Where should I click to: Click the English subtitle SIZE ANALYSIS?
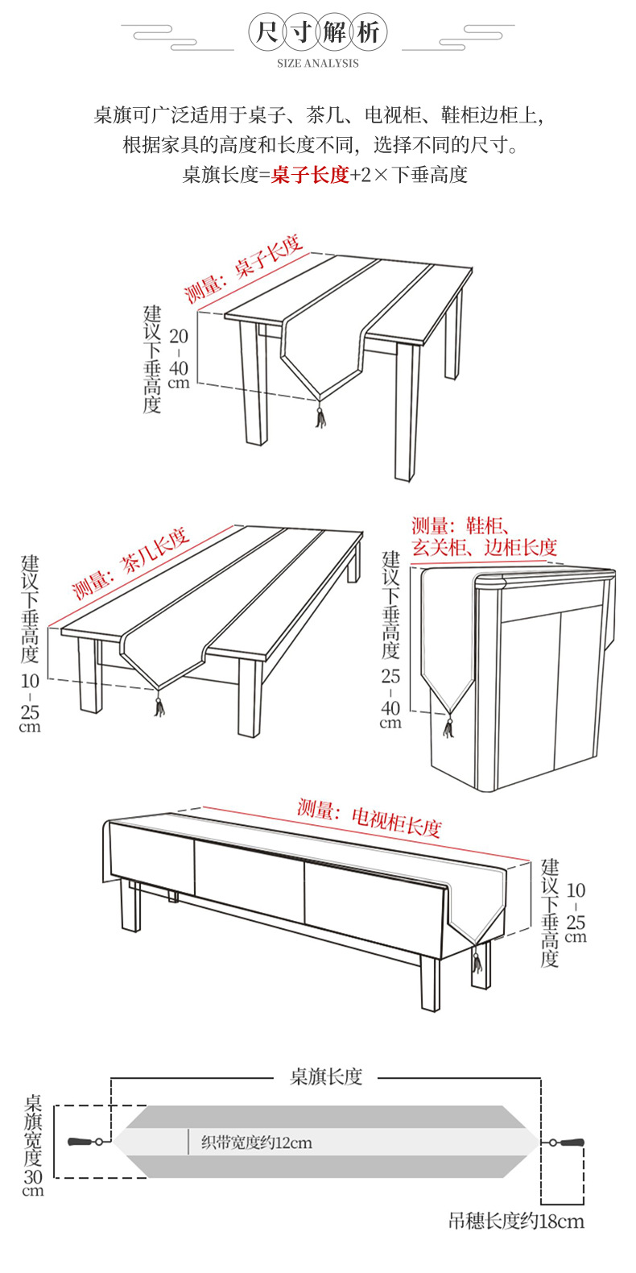coord(318,63)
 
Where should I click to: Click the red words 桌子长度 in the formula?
coord(310,175)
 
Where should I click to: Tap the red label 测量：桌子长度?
coord(242,268)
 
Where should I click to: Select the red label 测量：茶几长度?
coord(130,563)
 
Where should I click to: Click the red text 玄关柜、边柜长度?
coord(484,548)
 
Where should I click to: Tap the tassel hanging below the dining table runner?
coord(320,414)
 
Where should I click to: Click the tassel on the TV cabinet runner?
coord(477,960)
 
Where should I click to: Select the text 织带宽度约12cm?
coord(256,1142)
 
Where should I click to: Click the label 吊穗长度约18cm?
coord(516,1221)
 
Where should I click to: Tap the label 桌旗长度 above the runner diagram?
coord(326,1076)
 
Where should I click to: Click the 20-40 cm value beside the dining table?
coord(179,359)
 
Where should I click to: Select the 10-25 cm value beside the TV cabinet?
coord(576,913)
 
